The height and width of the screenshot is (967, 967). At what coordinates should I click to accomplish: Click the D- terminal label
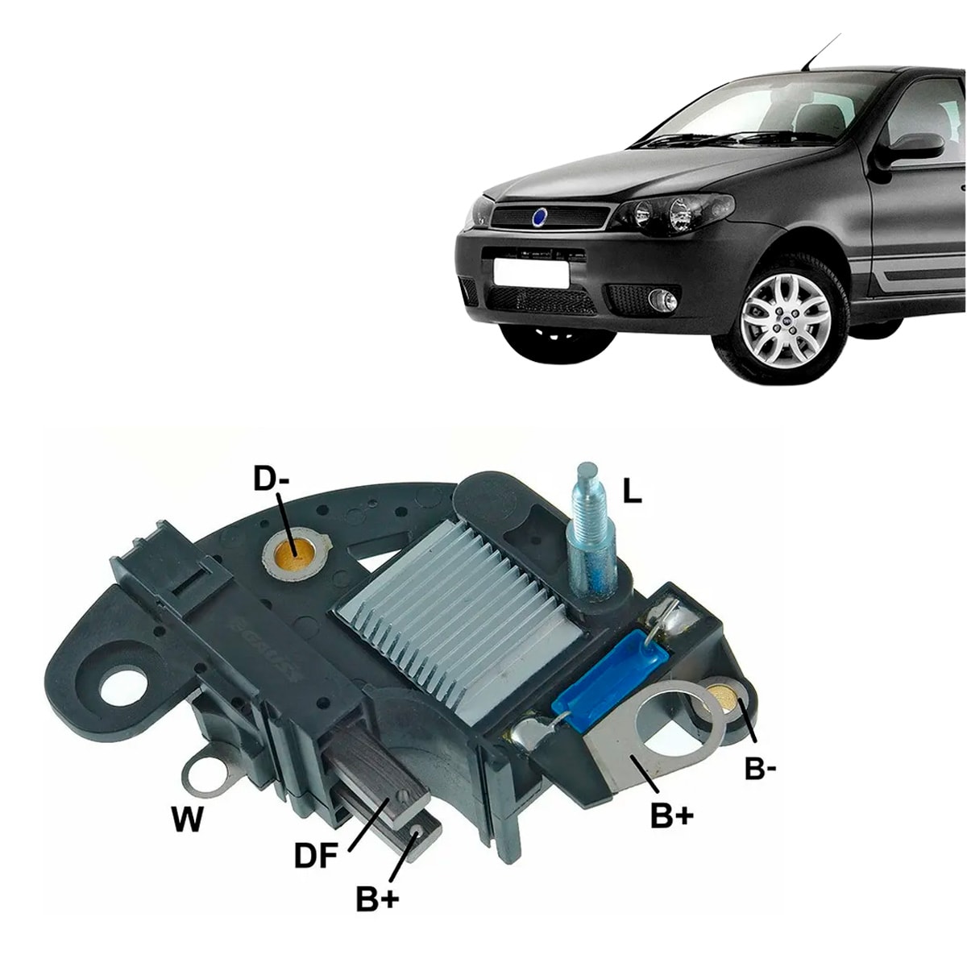[x=271, y=479]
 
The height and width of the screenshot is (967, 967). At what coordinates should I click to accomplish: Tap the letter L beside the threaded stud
[x=633, y=492]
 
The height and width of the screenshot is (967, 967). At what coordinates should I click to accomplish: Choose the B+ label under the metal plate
[x=671, y=816]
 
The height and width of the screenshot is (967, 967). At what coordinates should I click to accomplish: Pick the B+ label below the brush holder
[x=378, y=899]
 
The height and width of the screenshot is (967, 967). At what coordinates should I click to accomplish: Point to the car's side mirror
[x=915, y=147]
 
